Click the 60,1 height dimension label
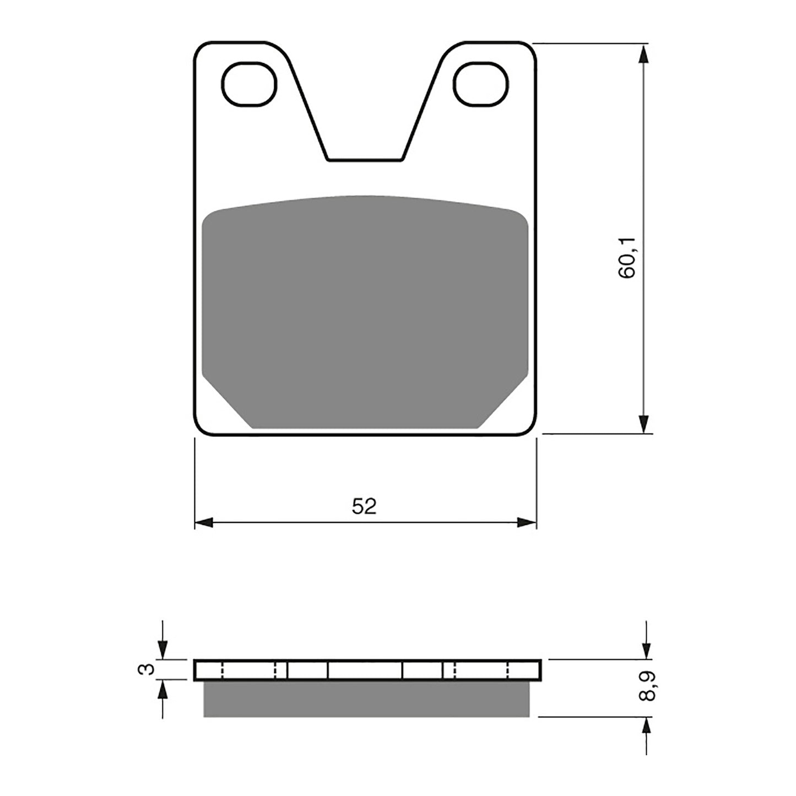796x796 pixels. point(628,257)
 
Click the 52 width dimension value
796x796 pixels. point(364,506)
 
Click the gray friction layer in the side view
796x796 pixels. point(366,698)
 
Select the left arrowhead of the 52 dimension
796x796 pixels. point(204,522)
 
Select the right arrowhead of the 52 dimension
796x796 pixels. point(527,522)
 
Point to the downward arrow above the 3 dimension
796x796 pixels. point(163,650)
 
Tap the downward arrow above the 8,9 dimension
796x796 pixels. point(645,650)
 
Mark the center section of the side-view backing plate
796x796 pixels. point(365,670)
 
